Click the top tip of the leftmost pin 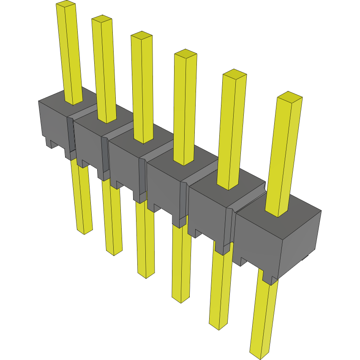[65, 4]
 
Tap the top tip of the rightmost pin [289, 97]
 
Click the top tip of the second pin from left [102, 19]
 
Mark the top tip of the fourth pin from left [185, 54]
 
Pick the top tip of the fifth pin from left [235, 74]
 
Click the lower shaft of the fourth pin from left [181, 262]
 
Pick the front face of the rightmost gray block [258, 241]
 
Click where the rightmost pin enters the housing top [277, 213]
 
